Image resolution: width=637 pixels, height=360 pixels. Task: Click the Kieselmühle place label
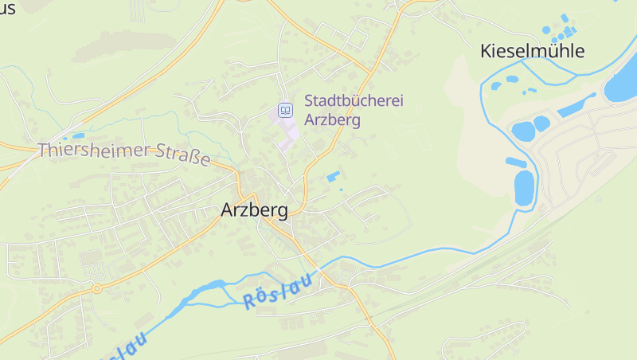click(533, 52)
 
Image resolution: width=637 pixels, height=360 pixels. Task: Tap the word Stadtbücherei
click(354, 102)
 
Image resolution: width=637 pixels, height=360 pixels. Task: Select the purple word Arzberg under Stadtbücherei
click(333, 120)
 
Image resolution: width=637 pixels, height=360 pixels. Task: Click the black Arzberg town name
click(254, 211)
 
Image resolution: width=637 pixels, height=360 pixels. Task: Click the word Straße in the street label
click(182, 156)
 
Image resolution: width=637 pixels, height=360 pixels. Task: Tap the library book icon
click(284, 109)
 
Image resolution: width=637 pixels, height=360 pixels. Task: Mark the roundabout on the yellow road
click(96, 288)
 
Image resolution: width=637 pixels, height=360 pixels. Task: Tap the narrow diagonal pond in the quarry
click(576, 106)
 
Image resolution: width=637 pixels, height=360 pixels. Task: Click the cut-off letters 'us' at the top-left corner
click(8, 9)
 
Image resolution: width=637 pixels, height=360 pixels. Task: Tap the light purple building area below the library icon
click(287, 131)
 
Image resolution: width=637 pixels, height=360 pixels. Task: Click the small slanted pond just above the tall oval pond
click(516, 162)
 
